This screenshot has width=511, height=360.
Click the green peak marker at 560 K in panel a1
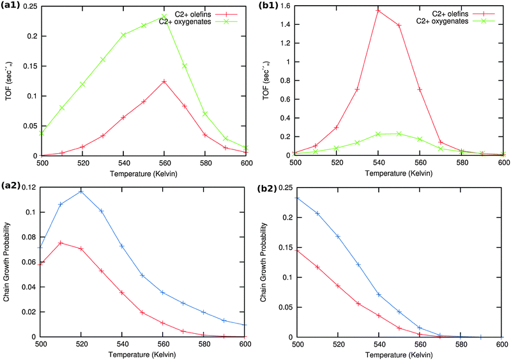tap(164, 16)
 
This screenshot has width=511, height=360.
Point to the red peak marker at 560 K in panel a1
tap(164, 81)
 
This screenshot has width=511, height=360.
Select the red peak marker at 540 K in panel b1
tap(378, 11)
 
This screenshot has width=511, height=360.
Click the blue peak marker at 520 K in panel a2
tap(81, 191)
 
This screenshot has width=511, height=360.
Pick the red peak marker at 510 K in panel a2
tap(61, 243)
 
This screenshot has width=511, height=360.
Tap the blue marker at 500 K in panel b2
tap(296, 198)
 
